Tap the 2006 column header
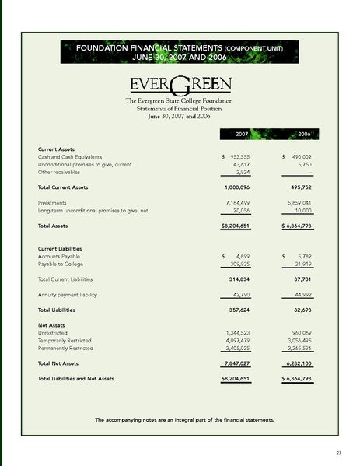304,135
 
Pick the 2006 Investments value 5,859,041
297,201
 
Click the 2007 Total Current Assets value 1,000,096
242,187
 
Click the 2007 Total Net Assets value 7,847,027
242,363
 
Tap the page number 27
339,452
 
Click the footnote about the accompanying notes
184,420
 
